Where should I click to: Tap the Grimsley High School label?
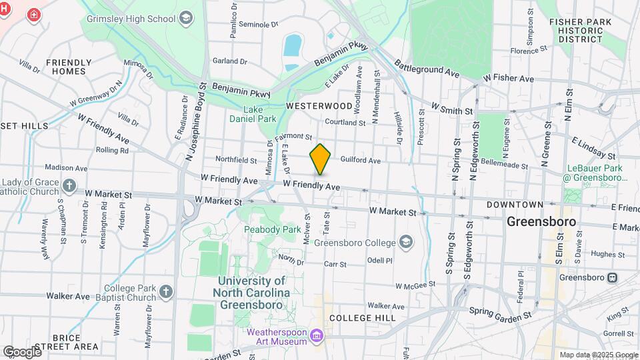(130, 18)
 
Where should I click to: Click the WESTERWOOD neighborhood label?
(319, 106)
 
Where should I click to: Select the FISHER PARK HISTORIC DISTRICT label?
(575, 31)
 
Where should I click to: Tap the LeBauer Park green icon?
(572, 195)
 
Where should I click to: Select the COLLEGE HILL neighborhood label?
(362, 318)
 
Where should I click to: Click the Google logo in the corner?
(22, 351)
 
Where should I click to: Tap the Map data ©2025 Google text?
(598, 355)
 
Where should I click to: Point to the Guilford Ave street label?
(360, 161)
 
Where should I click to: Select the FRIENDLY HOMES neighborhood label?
(69, 67)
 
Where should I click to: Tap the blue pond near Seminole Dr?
(292, 46)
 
